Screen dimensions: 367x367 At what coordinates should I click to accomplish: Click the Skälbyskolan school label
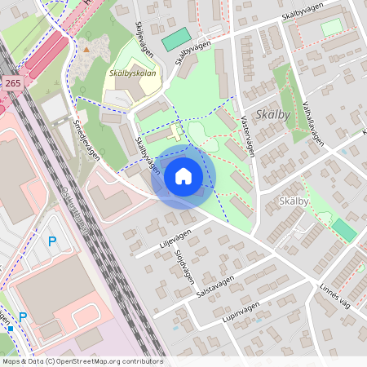pos(131,73)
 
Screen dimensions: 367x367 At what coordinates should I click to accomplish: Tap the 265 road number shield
pos(12,83)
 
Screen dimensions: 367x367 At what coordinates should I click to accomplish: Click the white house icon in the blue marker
pos(183,176)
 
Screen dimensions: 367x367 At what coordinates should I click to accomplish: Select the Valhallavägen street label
pos(314,123)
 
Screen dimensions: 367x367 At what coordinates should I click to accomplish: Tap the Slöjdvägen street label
pos(183,263)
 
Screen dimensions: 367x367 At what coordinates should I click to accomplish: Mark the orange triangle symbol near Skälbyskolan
pos(86,49)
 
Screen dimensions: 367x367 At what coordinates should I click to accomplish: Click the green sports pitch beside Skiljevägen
pos(175,39)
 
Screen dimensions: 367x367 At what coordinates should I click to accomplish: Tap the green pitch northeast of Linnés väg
pos(344,230)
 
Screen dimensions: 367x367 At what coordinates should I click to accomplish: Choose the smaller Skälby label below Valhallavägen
pos(293,201)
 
